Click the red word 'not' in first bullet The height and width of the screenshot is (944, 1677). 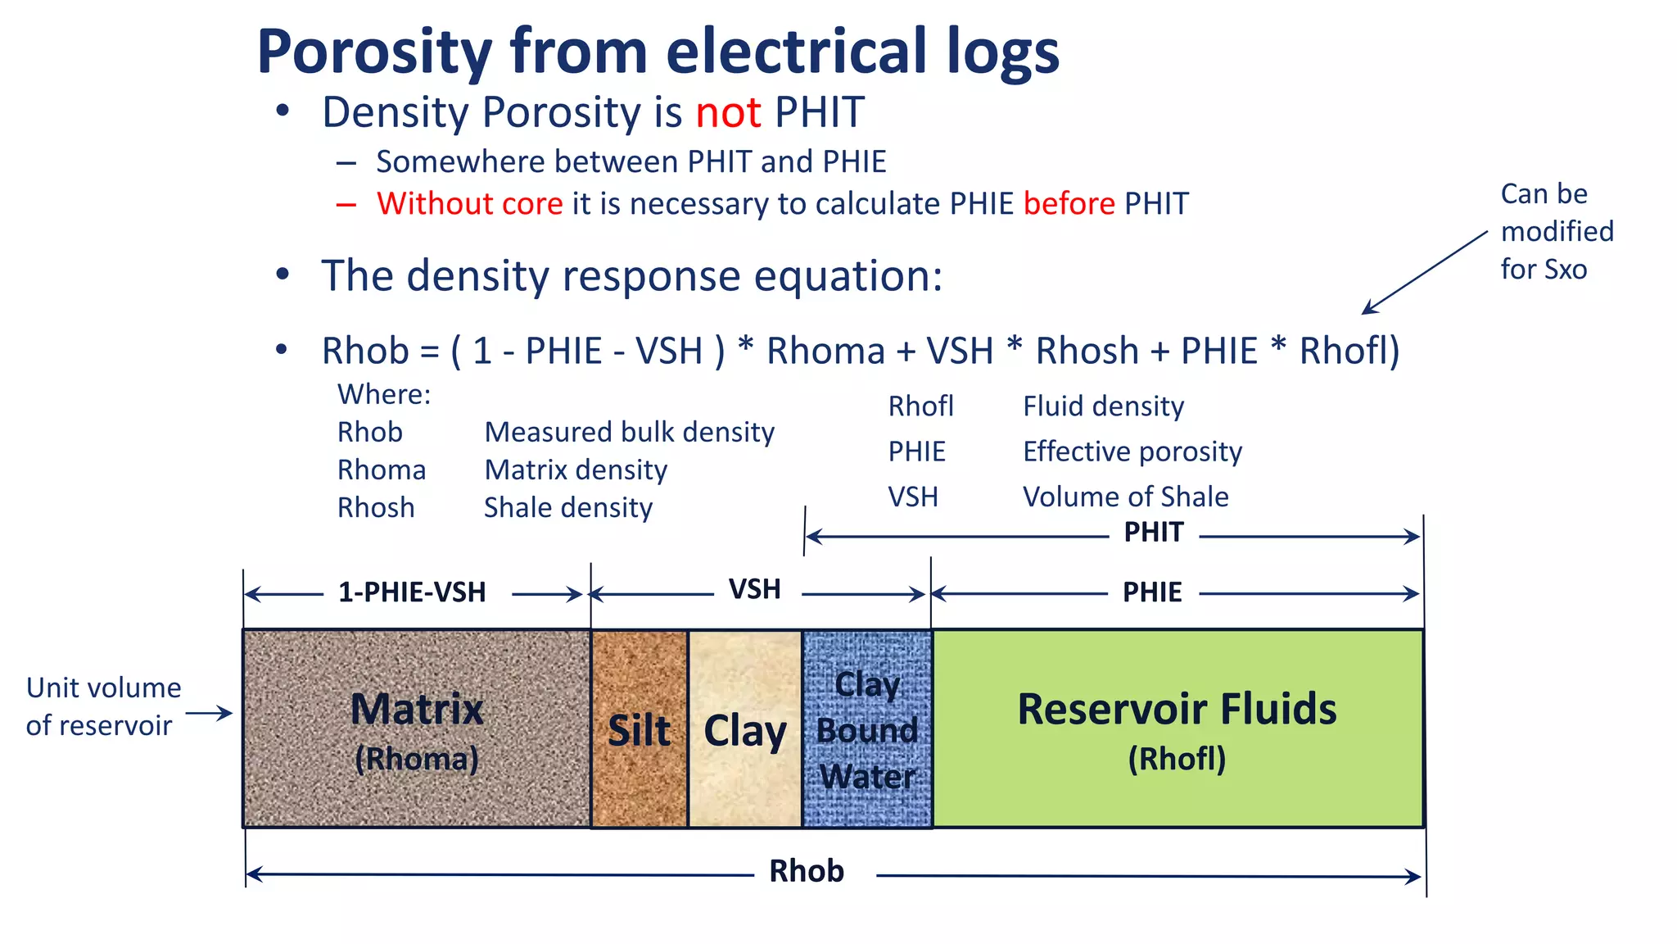pyautogui.click(x=728, y=113)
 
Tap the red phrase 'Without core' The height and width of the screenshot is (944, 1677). pyautogui.click(x=469, y=204)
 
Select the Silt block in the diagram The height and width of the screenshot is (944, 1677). pyautogui.click(x=639, y=729)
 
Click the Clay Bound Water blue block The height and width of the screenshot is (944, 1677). pyautogui.click(x=867, y=729)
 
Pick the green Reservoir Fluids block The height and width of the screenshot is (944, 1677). pyautogui.click(x=1177, y=728)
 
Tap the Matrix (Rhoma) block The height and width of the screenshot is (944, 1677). pyautogui.click(x=416, y=728)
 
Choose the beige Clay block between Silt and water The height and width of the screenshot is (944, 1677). pyautogui.click(x=744, y=729)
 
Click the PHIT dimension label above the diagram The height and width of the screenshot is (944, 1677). pyautogui.click(x=1153, y=533)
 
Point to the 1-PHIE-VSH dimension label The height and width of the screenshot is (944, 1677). pyautogui.click(x=412, y=592)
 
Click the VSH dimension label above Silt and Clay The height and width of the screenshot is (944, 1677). pyautogui.click(x=754, y=589)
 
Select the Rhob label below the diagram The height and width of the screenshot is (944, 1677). pyautogui.click(x=806, y=871)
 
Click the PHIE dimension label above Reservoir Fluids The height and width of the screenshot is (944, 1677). pyautogui.click(x=1151, y=592)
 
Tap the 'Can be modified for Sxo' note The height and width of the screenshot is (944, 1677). pyautogui.click(x=1555, y=232)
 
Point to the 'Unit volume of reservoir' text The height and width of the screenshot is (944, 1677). pyautogui.click(x=102, y=706)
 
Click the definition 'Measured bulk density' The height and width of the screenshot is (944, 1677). pyautogui.click(x=629, y=432)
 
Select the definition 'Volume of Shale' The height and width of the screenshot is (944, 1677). pyautogui.click(x=1125, y=497)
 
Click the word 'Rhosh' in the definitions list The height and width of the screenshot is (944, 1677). pyautogui.click(x=376, y=508)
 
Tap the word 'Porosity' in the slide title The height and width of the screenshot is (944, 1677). pyautogui.click(x=374, y=52)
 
